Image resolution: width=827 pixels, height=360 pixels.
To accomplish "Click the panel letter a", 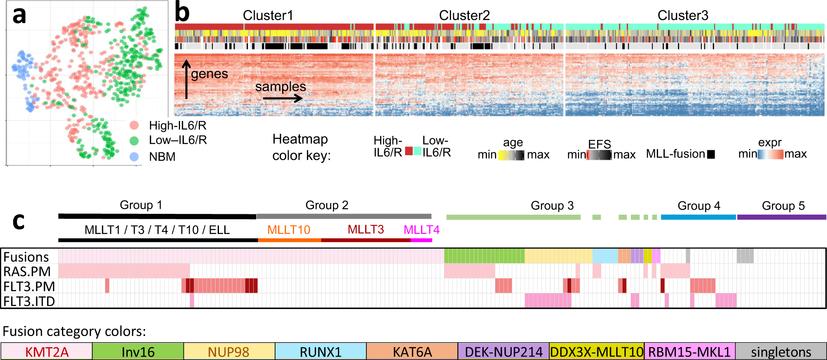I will [19, 16].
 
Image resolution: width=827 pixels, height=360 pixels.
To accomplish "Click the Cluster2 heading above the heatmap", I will [464, 16].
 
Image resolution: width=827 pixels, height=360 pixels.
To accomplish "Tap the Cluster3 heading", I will [682, 16].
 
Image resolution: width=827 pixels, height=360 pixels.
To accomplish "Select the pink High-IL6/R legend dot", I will [134, 125].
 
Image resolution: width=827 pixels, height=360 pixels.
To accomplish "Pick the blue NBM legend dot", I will [134, 156].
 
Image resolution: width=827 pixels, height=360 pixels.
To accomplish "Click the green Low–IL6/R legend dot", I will [134, 141].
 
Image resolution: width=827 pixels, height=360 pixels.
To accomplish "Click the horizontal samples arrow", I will [283, 98].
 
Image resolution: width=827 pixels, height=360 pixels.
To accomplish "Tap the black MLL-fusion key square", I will [711, 154].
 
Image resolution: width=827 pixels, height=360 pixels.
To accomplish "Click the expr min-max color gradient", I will [771, 154].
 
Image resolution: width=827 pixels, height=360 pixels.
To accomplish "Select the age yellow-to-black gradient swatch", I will [511, 155].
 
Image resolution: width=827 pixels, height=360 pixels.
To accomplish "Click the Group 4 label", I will [699, 206].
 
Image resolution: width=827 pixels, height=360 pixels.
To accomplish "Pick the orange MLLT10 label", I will [288, 230].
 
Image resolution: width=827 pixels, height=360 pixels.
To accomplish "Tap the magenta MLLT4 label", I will [421, 230].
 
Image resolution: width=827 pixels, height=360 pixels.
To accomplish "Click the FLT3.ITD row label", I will [29, 301].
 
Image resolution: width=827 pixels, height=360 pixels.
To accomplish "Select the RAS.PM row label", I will [27, 272].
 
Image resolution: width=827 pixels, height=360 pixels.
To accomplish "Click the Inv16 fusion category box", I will [138, 351].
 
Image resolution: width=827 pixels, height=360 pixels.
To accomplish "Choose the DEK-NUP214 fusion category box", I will [503, 351].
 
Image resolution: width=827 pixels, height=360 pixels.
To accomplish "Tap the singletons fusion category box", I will [781, 351].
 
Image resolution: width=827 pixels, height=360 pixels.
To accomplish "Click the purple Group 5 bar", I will [781, 217].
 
